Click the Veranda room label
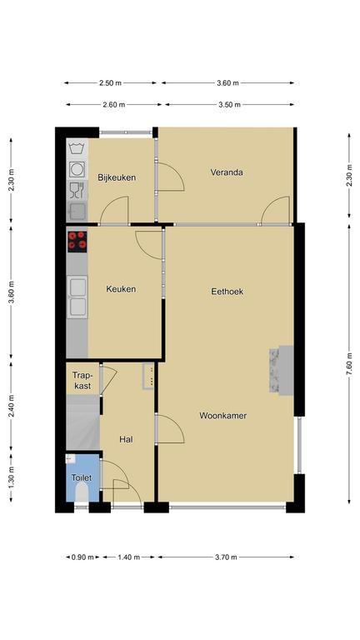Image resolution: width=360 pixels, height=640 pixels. [x=227, y=172]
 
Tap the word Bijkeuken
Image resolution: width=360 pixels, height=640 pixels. [x=117, y=178]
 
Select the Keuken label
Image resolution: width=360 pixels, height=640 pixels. [x=121, y=289]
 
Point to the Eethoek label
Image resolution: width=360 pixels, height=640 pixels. [x=227, y=292]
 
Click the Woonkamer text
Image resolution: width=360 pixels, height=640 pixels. [x=222, y=416]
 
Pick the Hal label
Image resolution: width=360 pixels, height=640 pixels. [x=126, y=440]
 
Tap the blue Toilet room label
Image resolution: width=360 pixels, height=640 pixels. [x=82, y=477]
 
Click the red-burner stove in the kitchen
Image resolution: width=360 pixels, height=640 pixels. [x=77, y=241]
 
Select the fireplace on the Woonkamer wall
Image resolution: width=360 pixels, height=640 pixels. [x=281, y=371]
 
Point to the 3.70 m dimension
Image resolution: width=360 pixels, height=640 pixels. [x=226, y=557]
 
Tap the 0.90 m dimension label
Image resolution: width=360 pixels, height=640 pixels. [x=82, y=557]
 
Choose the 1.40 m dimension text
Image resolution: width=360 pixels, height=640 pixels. [x=129, y=557]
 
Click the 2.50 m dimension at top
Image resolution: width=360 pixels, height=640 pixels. [x=110, y=82]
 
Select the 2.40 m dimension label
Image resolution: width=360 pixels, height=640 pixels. [x=12, y=406]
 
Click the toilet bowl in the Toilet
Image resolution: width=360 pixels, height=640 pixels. [x=82, y=492]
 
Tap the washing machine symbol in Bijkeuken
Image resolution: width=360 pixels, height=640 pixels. [x=77, y=169]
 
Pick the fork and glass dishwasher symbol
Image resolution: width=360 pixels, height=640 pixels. [x=77, y=190]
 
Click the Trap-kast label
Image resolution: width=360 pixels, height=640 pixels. [x=82, y=380]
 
